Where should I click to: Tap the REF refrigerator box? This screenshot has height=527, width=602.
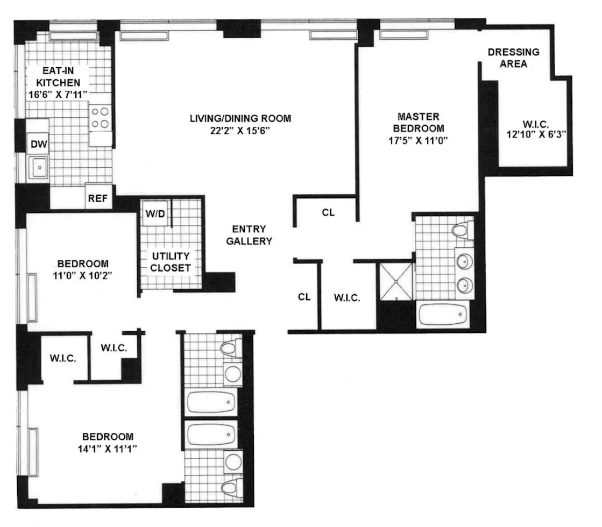[x=98, y=198]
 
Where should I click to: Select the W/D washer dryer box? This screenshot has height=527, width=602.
[x=154, y=213]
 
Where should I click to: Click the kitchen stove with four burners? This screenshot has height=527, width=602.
[x=100, y=118]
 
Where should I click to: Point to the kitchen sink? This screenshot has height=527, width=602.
[x=39, y=168]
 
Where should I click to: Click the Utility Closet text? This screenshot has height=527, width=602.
[x=170, y=261]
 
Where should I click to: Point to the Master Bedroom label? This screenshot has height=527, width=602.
[x=419, y=122]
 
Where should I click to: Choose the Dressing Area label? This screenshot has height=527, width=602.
[x=513, y=58]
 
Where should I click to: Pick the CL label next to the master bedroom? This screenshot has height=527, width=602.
[x=328, y=212]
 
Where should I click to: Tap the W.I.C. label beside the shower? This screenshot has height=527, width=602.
[x=347, y=297]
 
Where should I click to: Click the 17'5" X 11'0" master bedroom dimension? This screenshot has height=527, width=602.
[x=419, y=141]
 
